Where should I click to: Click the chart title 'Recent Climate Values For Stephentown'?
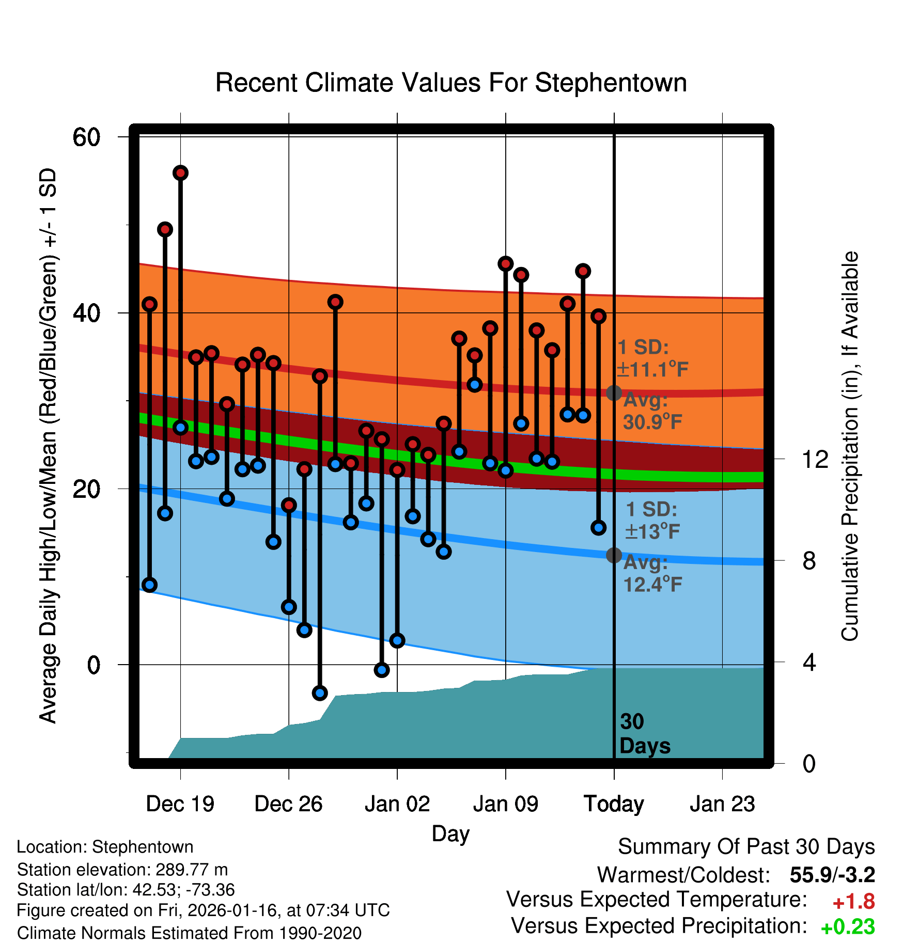tap(451, 83)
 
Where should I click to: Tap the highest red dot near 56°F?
tap(180, 173)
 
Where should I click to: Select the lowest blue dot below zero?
tap(320, 693)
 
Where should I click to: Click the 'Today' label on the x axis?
tap(614, 804)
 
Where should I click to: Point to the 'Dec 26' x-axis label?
tap(288, 804)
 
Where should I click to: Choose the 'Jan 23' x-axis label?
tap(722, 804)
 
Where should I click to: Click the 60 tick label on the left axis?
tap(86, 137)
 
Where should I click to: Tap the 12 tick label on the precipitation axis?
tap(815, 459)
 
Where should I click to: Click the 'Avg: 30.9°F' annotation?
tap(652, 411)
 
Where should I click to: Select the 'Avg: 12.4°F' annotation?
tap(652, 573)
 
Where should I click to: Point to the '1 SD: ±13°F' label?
tap(652, 521)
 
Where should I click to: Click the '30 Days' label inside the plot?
tap(644, 734)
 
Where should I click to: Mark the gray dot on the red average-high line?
tap(614, 393)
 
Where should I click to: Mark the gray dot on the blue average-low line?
tap(614, 555)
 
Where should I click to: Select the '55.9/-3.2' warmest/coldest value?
tap(832, 875)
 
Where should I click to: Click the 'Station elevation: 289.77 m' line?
tap(122, 870)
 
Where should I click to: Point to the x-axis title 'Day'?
tap(450, 834)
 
